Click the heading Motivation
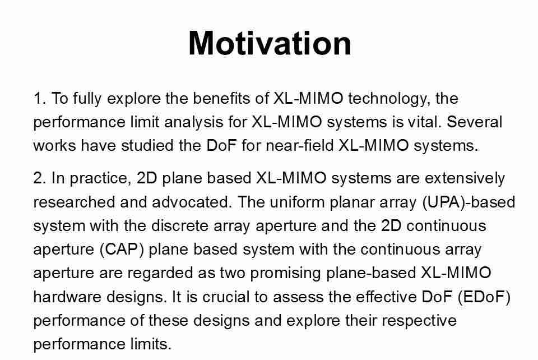[270, 43]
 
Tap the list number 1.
[39, 99]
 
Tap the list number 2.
[39, 178]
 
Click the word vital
[425, 122]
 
